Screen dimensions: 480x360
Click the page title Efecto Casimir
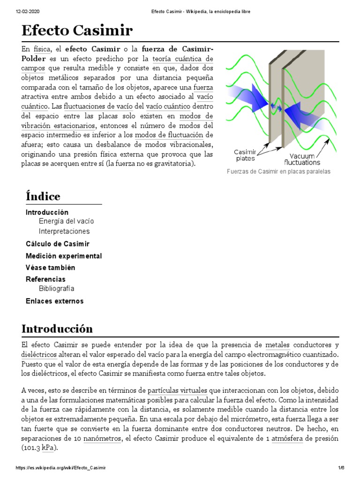pos(77,31)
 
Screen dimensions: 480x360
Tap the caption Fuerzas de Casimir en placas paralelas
pos(278,172)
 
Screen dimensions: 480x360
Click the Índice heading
pos(43,196)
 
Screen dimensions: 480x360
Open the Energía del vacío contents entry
pos(69,221)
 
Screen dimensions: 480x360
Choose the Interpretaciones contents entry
pos(64,231)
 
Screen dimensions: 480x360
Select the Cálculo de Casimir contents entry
pos(58,244)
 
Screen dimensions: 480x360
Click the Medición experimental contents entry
pos(64,256)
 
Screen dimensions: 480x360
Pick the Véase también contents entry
pos(51,268)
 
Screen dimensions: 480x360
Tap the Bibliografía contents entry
pos(57,288)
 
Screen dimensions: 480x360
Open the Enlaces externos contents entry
pos(54,301)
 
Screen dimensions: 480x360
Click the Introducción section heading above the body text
pos(57,328)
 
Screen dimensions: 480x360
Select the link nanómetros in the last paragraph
pos(103,439)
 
